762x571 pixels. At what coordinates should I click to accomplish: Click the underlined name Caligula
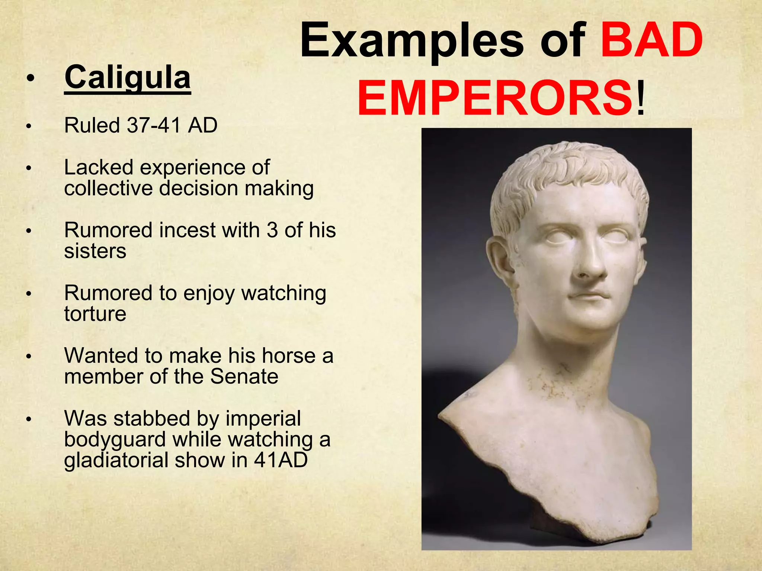click(127, 78)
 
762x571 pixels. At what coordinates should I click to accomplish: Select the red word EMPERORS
click(494, 99)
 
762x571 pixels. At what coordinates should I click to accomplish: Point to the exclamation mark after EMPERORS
click(640, 99)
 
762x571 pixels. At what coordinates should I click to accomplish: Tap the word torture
click(95, 314)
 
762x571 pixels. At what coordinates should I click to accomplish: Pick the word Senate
click(244, 377)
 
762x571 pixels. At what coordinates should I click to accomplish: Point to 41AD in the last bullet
click(281, 460)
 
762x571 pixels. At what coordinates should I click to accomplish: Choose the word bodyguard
click(115, 439)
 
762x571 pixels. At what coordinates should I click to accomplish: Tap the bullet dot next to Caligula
click(31, 78)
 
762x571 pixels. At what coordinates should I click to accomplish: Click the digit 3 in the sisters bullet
click(272, 230)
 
